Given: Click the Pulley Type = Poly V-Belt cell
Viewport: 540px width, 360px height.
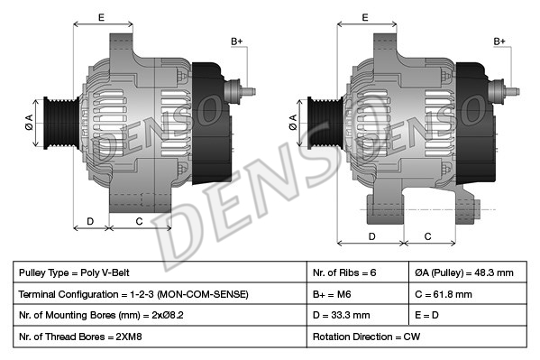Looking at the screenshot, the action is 160,272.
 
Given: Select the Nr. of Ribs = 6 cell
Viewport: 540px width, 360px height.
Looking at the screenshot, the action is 358,272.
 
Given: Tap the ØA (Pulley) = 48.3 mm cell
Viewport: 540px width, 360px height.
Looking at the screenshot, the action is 468,272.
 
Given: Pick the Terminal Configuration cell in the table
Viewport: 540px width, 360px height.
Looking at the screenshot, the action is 160,294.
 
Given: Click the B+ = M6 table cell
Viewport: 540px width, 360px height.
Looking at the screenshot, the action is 358,294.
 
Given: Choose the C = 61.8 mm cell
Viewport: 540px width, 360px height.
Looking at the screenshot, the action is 468,294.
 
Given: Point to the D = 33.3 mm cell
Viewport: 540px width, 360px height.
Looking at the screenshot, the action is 358,315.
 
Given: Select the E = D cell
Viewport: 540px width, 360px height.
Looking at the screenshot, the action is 468,315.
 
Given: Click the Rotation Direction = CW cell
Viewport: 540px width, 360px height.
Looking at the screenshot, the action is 416,337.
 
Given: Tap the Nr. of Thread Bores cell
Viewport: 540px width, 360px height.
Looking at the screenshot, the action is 160,337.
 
